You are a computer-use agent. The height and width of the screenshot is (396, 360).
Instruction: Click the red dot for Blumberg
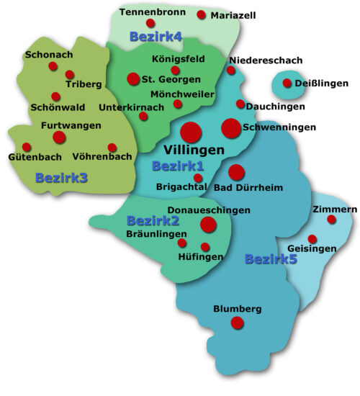tap(237, 323)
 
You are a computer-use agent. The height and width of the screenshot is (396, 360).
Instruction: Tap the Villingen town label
tap(194, 150)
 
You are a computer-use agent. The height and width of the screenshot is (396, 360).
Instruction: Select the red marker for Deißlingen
tap(287, 84)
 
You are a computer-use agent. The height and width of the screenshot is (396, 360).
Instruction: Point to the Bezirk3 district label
tap(61, 177)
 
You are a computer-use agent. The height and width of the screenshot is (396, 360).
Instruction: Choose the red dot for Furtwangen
tap(59, 137)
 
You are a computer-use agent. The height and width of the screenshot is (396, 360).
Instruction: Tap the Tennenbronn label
tap(148, 12)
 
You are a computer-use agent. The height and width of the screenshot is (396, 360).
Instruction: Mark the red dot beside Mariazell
tap(201, 14)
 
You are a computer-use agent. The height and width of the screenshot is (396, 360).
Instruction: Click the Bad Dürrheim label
tap(249, 188)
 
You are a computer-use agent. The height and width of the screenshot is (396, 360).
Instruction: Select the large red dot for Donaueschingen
tap(208, 225)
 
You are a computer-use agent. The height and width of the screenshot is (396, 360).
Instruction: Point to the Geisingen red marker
tap(312, 238)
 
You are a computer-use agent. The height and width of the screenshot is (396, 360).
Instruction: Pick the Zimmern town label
tap(335, 209)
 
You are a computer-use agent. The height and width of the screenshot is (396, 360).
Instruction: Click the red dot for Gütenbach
tap(27, 147)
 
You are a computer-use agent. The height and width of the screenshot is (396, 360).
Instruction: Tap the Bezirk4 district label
tap(156, 35)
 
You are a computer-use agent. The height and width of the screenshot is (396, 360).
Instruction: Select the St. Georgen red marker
tap(133, 78)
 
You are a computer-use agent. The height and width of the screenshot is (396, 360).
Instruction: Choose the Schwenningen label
tap(280, 127)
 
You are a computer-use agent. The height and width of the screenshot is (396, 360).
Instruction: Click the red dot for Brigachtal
tap(199, 178)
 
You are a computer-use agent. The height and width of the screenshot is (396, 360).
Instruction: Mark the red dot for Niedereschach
tap(231, 71)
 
